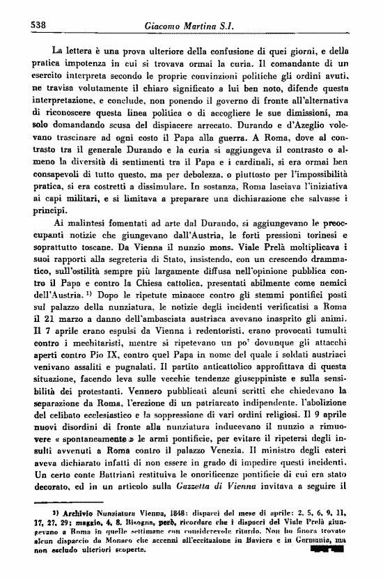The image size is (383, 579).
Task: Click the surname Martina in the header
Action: click(209, 26)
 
